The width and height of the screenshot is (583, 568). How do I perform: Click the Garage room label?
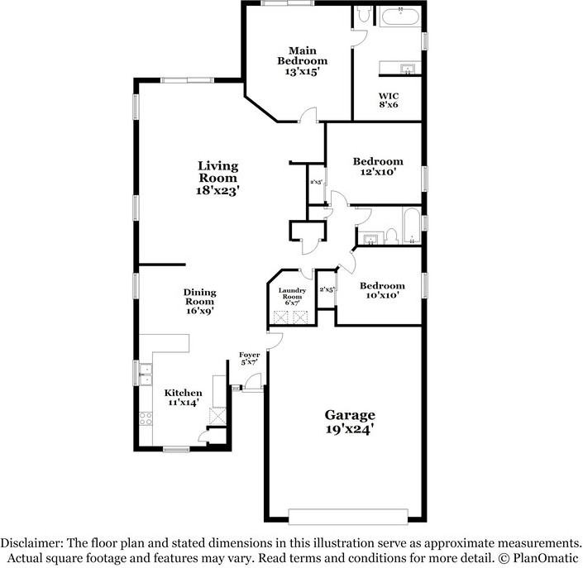point(349,415)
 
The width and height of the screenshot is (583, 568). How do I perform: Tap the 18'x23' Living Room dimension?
point(217,190)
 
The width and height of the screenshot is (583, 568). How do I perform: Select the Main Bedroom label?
point(302,55)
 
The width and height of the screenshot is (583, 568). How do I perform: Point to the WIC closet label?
point(389,95)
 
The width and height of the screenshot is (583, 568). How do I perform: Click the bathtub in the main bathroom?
point(400,17)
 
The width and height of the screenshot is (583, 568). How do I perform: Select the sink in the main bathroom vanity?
point(406,68)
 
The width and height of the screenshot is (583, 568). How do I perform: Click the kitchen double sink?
point(146,375)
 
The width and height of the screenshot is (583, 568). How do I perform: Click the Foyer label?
point(250,355)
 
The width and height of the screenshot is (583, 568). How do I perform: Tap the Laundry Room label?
point(293,294)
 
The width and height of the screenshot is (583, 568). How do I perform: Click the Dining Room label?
point(199,297)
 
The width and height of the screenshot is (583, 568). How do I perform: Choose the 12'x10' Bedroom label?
point(378,161)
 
